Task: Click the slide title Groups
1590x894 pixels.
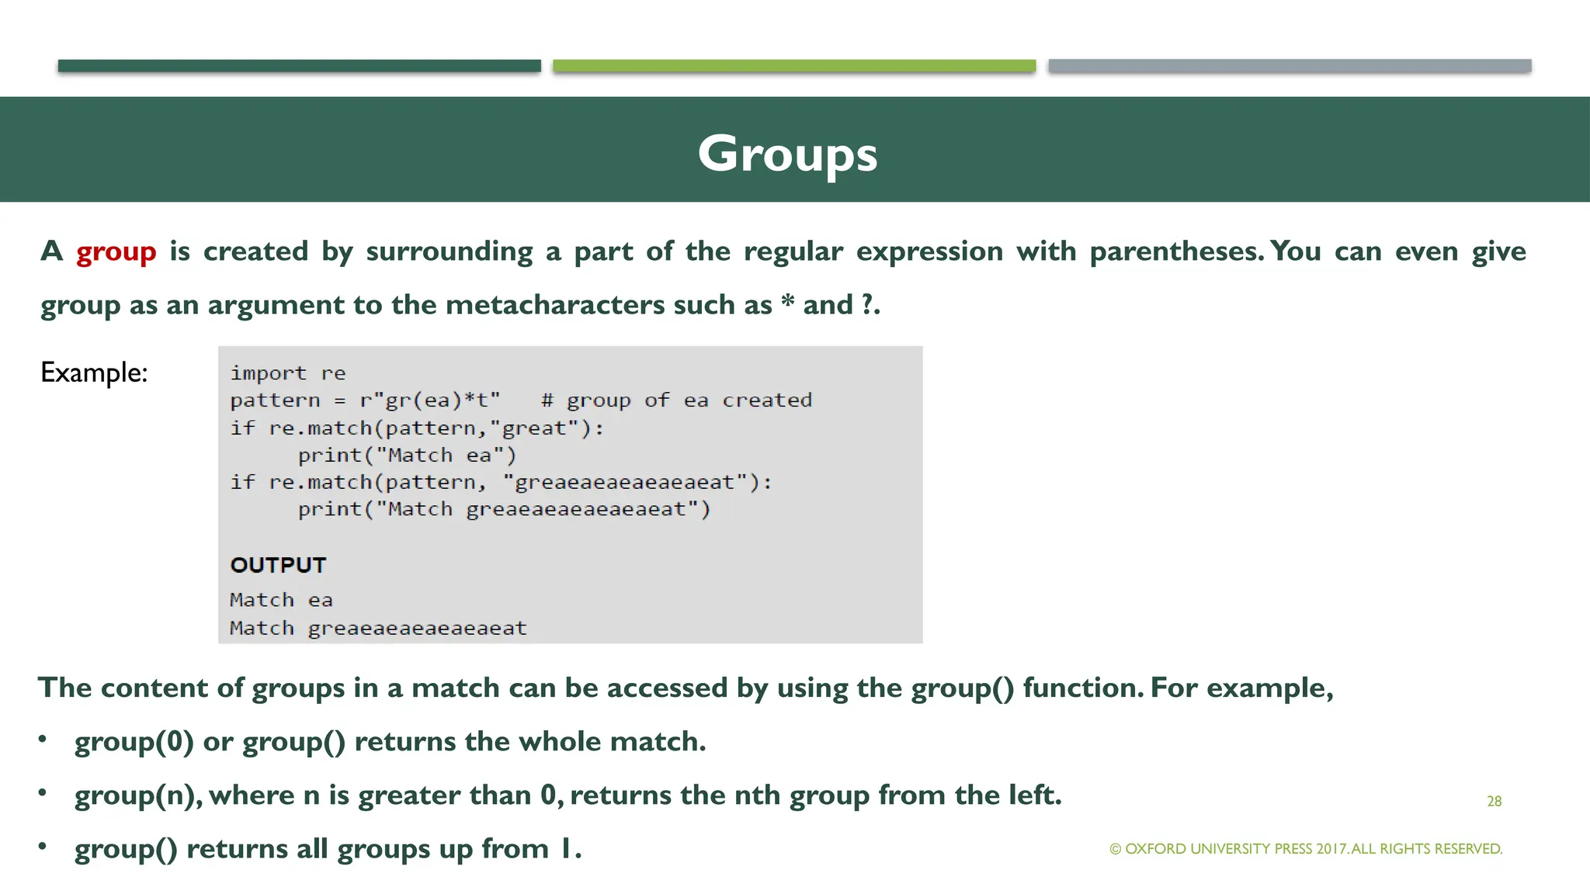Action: point(787,154)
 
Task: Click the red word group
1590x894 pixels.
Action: point(116,252)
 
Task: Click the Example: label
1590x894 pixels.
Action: point(94,372)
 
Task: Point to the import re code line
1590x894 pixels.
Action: point(288,373)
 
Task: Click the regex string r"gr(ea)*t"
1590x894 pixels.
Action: point(429,400)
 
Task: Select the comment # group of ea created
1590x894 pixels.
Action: point(676,400)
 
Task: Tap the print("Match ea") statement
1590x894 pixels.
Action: point(407,456)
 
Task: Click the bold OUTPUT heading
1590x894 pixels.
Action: point(278,565)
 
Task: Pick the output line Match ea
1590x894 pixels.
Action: point(281,600)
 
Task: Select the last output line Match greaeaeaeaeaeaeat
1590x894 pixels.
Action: point(378,628)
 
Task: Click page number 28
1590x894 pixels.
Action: point(1494,801)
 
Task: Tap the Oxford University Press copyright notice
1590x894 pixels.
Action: point(1306,849)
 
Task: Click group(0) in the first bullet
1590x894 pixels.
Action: point(134,742)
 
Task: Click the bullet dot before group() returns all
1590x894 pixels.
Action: point(43,846)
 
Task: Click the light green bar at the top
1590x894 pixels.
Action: point(793,66)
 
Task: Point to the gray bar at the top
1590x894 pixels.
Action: point(1289,66)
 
